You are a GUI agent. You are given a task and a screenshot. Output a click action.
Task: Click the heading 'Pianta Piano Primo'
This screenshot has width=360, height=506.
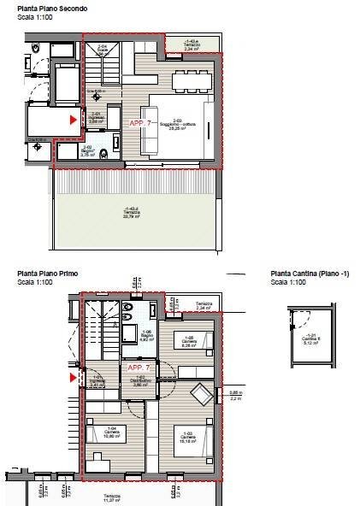[x=48, y=274]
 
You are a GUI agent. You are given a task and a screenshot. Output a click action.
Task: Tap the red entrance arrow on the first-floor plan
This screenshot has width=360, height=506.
[x=73, y=375]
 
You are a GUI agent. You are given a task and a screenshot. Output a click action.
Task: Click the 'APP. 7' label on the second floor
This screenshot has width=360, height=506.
[x=141, y=124]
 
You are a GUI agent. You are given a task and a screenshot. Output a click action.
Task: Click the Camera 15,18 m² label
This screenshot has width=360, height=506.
[x=187, y=442]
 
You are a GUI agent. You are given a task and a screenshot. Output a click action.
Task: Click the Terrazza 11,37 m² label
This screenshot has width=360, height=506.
[x=112, y=497]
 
